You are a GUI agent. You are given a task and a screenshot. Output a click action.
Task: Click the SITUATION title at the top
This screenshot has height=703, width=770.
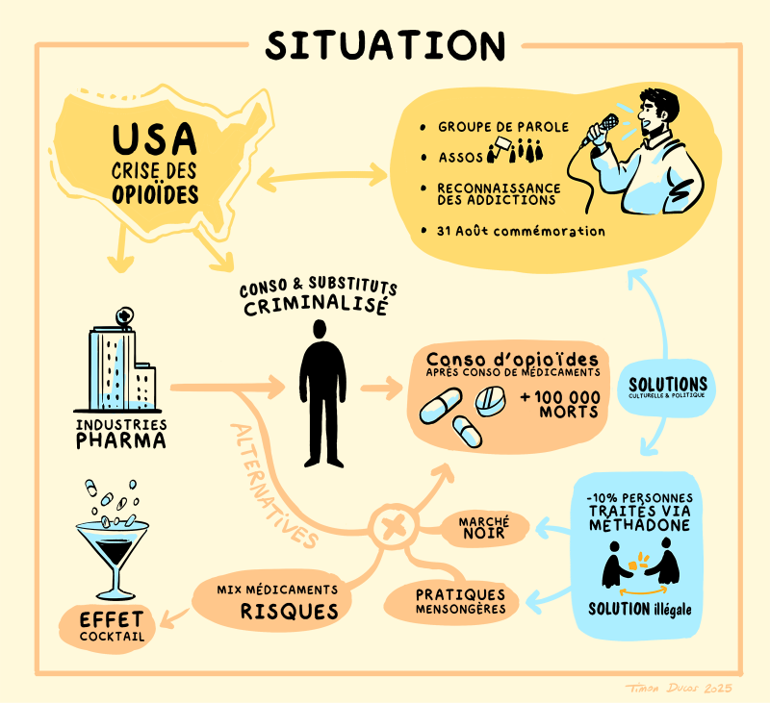pyautogui.click(x=385, y=43)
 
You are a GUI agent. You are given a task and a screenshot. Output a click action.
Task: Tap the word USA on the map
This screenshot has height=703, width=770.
pyautogui.click(x=154, y=139)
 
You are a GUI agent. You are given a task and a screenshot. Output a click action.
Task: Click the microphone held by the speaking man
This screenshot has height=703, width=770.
pyautogui.click(x=605, y=127)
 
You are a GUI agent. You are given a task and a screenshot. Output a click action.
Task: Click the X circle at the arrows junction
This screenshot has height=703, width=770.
pyautogui.click(x=393, y=526)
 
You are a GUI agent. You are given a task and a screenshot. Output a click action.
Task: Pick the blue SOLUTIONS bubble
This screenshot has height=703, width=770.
pyautogui.click(x=666, y=386)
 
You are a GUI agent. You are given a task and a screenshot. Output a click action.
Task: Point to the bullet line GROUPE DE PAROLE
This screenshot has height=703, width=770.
pyautogui.click(x=502, y=126)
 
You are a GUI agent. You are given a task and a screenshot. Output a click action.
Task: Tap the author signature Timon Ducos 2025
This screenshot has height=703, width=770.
pyautogui.click(x=679, y=686)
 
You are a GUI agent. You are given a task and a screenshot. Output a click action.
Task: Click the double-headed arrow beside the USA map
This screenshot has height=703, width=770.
pyautogui.click(x=321, y=177)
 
